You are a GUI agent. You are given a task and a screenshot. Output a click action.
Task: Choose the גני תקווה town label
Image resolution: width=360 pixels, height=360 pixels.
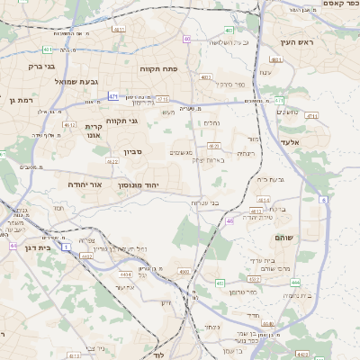tap(121, 120)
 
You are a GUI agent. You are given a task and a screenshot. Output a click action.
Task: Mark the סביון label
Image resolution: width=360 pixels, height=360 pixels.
tap(133, 152)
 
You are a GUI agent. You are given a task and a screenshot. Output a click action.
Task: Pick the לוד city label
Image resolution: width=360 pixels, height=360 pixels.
tap(158, 355)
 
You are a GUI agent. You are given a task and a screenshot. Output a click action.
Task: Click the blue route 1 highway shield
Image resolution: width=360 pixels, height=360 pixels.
tap(66, 245)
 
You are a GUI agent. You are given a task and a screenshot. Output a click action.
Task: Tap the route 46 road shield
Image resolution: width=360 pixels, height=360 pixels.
tap(229, 220)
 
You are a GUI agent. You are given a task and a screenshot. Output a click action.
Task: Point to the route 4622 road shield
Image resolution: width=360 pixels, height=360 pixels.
tap(112, 161)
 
